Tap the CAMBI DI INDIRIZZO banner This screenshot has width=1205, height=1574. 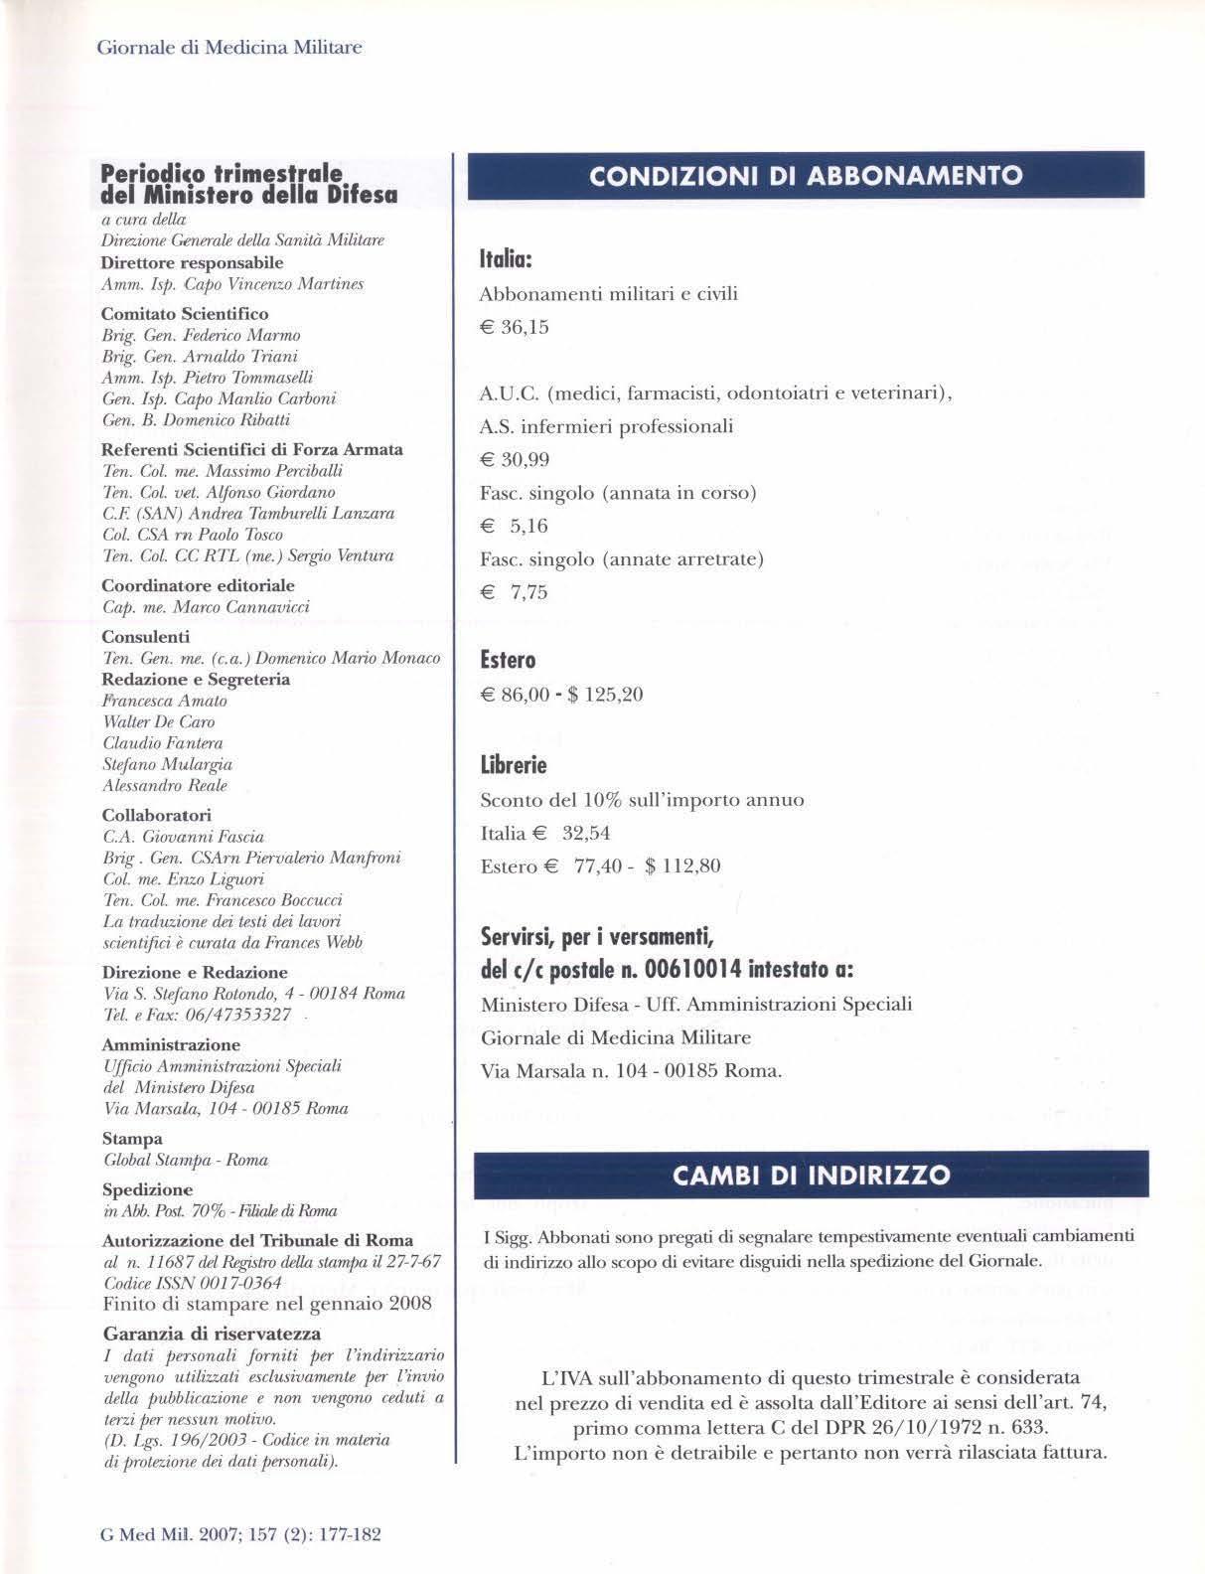811,1175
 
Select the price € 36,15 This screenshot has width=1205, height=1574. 515,328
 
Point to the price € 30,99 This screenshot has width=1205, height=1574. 515,460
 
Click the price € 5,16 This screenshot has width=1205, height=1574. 515,527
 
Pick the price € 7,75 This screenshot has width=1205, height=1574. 515,593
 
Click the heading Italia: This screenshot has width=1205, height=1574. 508,260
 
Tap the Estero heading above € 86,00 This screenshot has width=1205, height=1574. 508,661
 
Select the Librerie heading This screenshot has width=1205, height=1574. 514,766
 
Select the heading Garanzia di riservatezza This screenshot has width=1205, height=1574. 212,1334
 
